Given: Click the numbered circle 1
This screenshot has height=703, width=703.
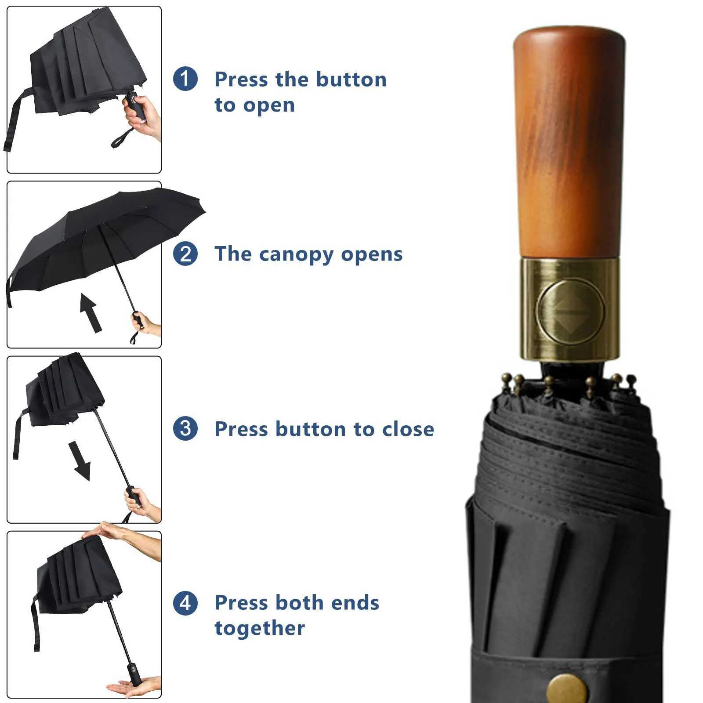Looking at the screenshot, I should click(185, 79).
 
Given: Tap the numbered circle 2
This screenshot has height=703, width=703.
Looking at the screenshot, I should click(185, 254).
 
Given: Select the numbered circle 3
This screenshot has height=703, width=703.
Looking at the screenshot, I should click(185, 428).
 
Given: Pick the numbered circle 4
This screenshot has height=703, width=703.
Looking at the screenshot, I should click(185, 603).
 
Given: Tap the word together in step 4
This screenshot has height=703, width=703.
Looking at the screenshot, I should click(259, 628).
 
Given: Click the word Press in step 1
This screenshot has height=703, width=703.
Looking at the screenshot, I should click(241, 80).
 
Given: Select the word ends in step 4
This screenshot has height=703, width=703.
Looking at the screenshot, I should click(355, 603).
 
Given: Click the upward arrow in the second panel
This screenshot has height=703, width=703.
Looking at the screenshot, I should click(91, 312).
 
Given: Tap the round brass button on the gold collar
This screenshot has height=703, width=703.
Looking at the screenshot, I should click(570, 311).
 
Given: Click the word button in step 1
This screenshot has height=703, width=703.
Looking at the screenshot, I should click(351, 80).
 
